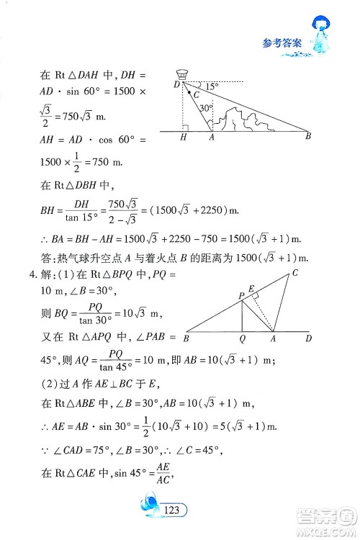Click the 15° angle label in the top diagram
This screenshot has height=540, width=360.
(x=210, y=86)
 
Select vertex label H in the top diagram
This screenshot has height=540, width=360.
(x=184, y=138)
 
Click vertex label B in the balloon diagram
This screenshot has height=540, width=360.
(x=308, y=136)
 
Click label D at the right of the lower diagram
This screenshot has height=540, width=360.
(x=308, y=337)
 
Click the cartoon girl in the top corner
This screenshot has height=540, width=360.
(x=323, y=35)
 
